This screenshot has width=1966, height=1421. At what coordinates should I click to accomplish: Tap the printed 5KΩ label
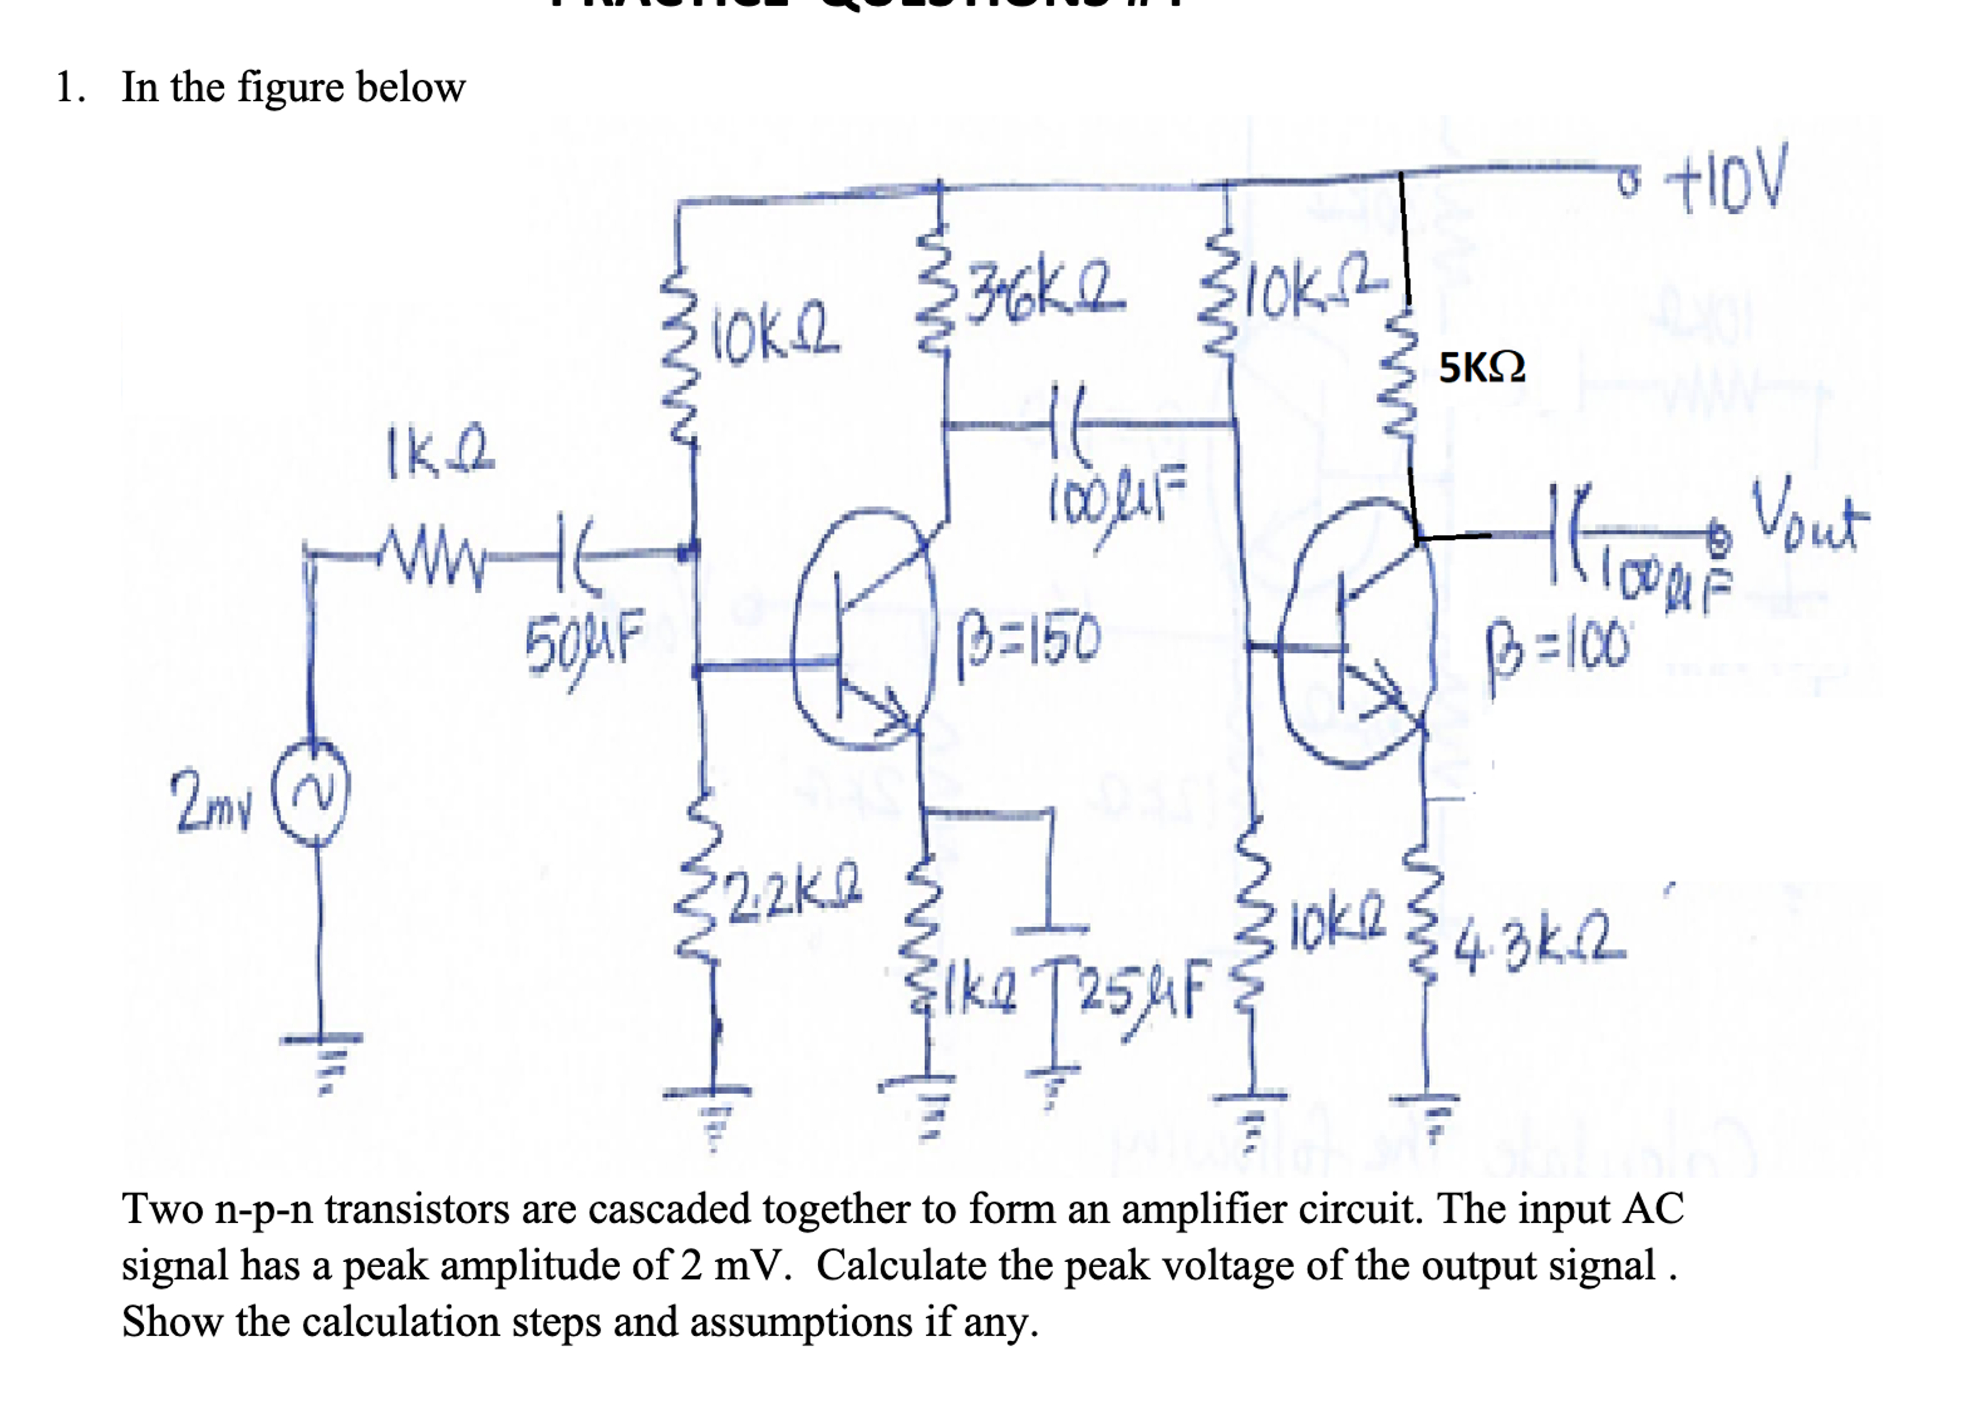[1481, 368]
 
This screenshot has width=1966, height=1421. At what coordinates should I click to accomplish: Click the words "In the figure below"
[293, 87]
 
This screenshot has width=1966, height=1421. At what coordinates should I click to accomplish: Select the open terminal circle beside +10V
[1631, 179]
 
